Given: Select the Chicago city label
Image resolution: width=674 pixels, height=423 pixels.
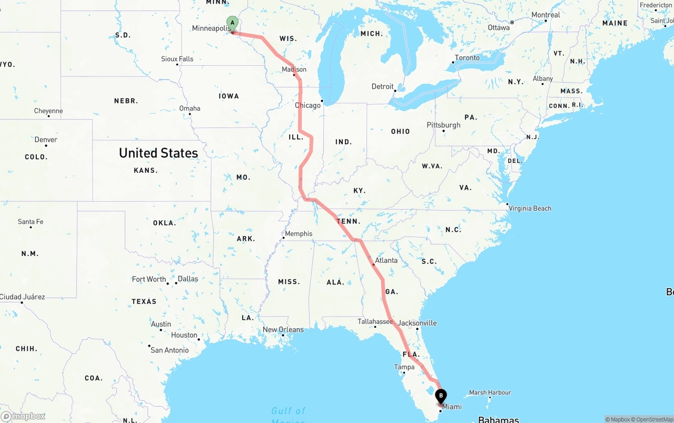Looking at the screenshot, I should tap(308, 105).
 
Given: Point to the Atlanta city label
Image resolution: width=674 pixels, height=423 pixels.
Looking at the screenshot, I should tap(386, 260).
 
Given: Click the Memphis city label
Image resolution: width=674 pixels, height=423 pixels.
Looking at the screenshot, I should tap(299, 234).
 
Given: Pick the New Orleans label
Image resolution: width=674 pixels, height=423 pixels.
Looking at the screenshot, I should tap(283, 330).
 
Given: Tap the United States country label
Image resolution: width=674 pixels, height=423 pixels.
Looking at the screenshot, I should tap(158, 153).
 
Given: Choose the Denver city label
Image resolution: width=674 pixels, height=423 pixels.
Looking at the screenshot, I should tap(46, 140).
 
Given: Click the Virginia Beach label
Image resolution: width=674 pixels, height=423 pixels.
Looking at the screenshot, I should tap(530, 208).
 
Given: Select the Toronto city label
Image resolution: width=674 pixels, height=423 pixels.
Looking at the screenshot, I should tap(467, 58).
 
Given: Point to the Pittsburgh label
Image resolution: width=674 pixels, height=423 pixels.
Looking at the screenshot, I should tap(443, 125).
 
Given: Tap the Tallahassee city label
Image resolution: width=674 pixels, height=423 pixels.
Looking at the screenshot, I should tap(375, 321).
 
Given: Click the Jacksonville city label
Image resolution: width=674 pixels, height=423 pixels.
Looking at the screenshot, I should tap(418, 323).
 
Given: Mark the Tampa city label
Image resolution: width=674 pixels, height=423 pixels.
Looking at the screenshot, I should tap(404, 367).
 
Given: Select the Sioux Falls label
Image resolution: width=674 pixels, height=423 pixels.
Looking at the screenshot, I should tap(177, 59).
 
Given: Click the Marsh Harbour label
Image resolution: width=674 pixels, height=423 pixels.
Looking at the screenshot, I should tap(490, 392).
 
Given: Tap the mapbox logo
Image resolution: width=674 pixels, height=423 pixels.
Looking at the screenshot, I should tap(23, 417).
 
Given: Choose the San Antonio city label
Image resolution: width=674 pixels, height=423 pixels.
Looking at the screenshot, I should tap(170, 350).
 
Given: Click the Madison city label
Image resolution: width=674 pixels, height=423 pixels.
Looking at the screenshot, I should tap(294, 70).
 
